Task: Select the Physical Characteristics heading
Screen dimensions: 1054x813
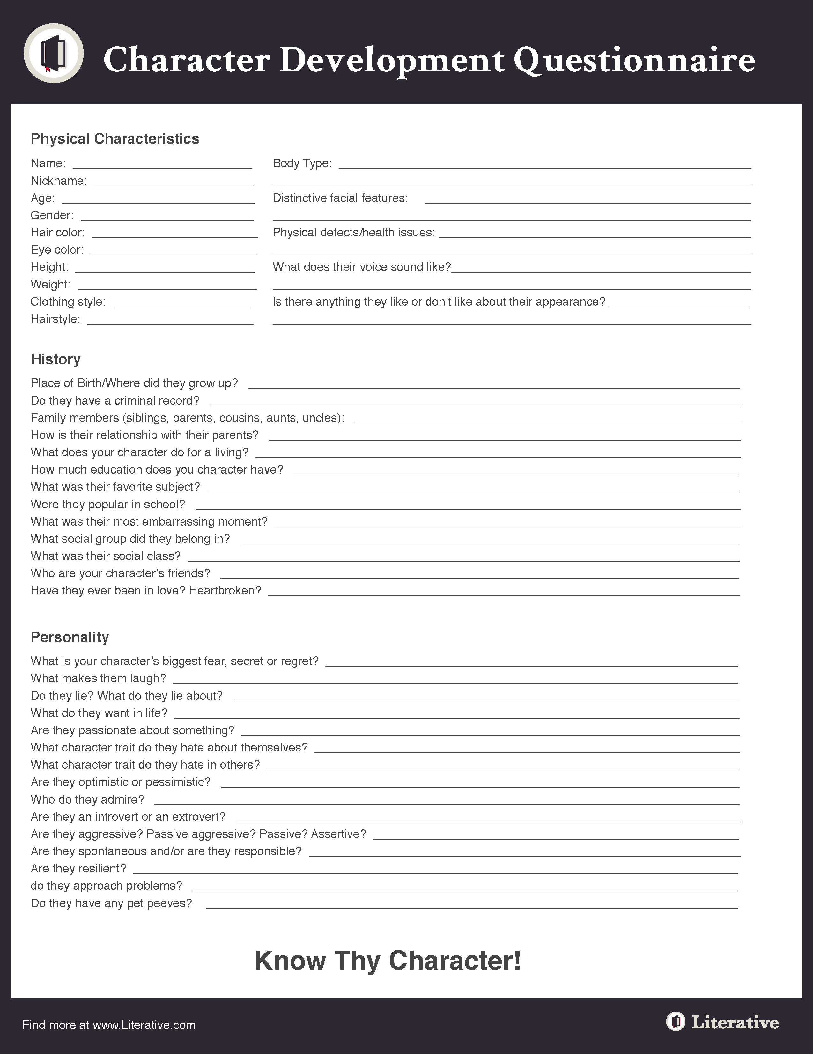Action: click(x=115, y=139)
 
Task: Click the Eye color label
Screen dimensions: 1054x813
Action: click(x=57, y=250)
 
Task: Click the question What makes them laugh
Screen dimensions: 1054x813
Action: click(x=98, y=678)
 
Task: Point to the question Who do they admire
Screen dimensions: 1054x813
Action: click(x=87, y=800)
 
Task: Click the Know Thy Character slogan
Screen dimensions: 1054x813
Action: click(x=388, y=961)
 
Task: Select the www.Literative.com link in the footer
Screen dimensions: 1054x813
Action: click(x=144, y=1025)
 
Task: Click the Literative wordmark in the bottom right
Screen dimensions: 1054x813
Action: click(x=734, y=1022)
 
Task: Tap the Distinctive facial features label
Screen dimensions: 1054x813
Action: click(x=340, y=198)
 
